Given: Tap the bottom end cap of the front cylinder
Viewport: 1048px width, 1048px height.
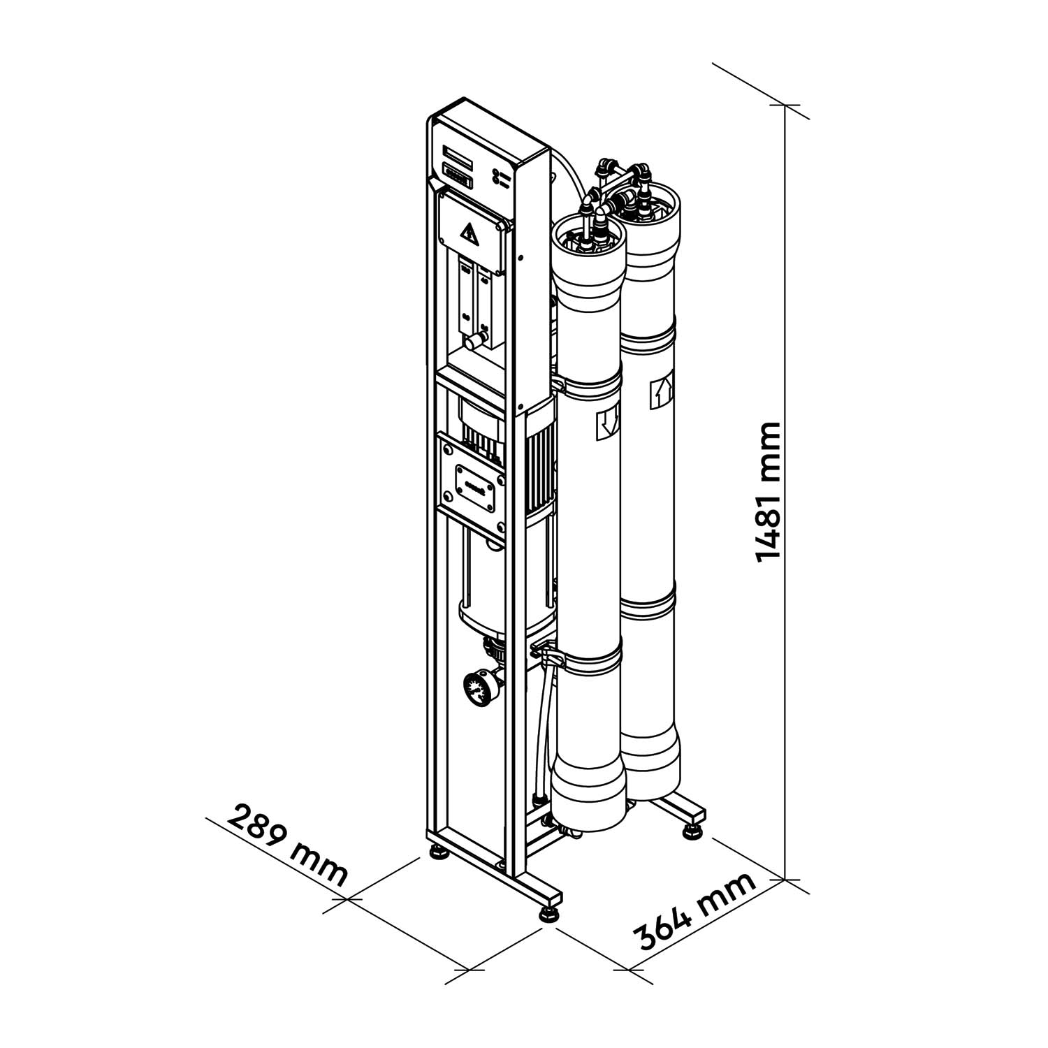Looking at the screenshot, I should pos(588,796).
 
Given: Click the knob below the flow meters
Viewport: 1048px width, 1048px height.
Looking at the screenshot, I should pos(475,342).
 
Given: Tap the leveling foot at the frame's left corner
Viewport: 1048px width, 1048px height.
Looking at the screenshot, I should pos(439,854).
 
